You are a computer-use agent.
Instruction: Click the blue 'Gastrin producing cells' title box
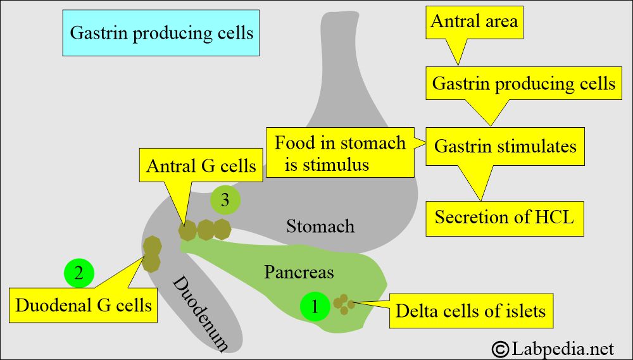tap(161, 32)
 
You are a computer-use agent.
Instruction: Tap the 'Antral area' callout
tap(473, 22)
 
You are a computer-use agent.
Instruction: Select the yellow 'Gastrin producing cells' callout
tap(523, 84)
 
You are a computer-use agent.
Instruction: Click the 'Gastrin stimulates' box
tap(505, 147)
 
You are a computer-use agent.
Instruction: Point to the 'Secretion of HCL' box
tap(504, 218)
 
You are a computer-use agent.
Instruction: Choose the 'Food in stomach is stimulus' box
tap(340, 153)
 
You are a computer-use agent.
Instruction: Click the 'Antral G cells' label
tap(201, 166)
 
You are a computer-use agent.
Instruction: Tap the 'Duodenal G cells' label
tap(84, 306)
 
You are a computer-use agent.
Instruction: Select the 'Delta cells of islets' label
tap(470, 311)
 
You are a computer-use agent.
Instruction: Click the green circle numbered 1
tap(315, 306)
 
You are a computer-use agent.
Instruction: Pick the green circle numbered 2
tap(79, 273)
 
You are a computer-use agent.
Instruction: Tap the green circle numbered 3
tap(225, 201)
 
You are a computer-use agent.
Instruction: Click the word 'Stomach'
tap(320, 226)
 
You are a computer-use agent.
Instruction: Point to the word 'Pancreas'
tap(299, 272)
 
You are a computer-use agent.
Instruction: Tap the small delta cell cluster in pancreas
tap(344, 304)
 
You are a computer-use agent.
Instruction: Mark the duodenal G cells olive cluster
tap(152, 253)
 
